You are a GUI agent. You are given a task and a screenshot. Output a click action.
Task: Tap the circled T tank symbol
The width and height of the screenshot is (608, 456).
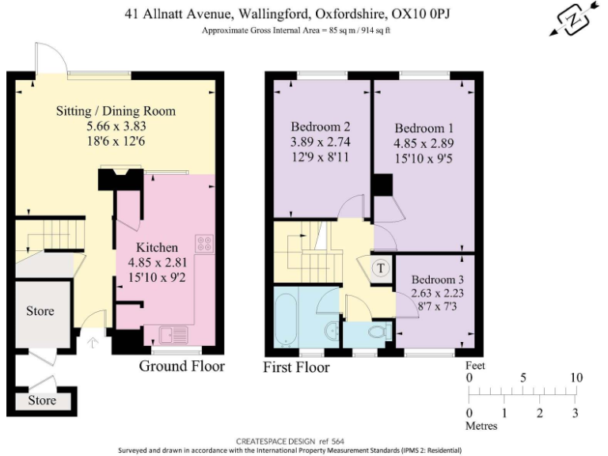coord(381,268)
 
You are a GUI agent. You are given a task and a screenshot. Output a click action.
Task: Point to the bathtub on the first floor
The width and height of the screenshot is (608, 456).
coord(286,317)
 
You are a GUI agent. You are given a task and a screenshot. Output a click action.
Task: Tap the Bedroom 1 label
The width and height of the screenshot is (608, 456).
coord(420,128)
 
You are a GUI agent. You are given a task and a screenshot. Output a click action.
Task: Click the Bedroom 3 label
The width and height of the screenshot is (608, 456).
coord(437,279)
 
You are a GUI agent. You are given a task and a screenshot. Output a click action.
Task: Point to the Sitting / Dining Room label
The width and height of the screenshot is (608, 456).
coord(116,110)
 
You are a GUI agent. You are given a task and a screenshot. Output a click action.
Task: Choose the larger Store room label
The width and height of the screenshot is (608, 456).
coord(40,310)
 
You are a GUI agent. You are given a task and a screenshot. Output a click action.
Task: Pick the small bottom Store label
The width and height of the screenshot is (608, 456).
coord(42,401)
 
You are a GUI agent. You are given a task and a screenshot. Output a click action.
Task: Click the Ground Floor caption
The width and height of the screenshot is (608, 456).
coord(182,366)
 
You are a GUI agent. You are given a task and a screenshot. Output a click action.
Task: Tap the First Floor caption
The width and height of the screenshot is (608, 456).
coord(297,367)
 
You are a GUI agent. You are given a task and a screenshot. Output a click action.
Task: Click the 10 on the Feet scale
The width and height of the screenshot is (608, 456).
coord(576,378)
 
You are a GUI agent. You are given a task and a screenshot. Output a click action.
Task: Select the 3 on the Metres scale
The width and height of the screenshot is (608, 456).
coord(576,413)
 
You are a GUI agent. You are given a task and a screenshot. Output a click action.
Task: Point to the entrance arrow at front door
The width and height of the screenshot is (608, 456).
coord(93,343)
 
